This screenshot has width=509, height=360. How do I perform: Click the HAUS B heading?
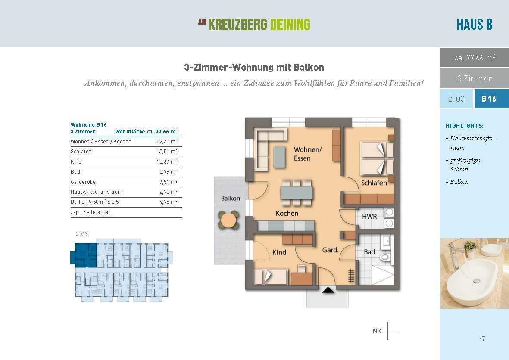click(474, 24)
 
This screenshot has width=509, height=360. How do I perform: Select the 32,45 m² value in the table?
click(166, 142)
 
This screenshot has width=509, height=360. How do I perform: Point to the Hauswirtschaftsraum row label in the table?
click(97, 192)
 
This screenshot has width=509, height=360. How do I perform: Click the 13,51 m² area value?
click(166, 152)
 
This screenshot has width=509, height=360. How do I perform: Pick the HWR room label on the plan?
click(369, 217)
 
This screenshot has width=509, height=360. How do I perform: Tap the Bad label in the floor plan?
click(369, 252)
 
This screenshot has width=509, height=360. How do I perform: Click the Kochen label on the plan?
click(287, 213)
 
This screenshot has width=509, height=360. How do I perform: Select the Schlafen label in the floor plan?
click(374, 183)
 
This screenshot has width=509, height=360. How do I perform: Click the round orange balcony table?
click(228, 220)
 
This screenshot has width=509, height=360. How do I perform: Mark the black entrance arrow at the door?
click(328, 291)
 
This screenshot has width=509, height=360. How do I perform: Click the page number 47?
click(482, 339)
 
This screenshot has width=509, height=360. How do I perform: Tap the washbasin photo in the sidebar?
click(474, 273)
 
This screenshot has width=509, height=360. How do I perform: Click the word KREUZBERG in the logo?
click(238, 25)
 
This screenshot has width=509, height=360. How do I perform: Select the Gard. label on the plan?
click(330, 250)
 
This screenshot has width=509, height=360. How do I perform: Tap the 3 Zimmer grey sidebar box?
click(474, 78)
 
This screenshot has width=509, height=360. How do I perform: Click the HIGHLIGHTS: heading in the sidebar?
click(465, 126)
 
